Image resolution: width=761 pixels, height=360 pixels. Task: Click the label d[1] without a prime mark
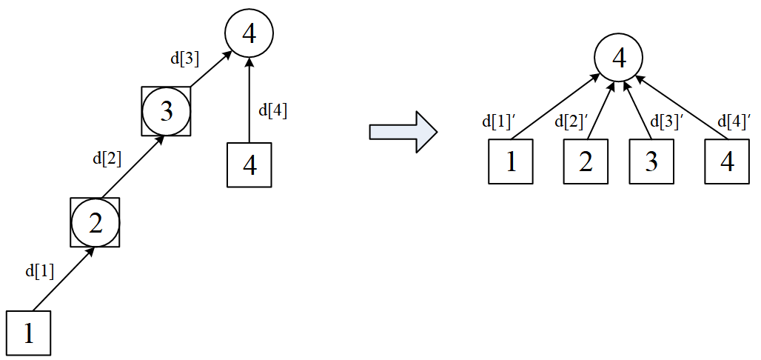pos(40,270)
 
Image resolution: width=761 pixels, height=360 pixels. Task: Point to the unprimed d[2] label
pos(107,159)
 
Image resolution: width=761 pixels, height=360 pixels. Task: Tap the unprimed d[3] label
pos(184,59)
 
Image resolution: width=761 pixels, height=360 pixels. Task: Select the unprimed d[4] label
pos(272,111)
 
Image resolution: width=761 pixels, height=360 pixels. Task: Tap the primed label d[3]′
pos(665,121)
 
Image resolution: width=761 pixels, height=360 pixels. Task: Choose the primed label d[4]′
pos(734,121)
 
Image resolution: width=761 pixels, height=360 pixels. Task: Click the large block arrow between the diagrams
pos(403,132)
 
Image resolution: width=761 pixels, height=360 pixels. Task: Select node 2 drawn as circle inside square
pos(95,222)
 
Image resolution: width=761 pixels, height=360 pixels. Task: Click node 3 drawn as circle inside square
pos(166,111)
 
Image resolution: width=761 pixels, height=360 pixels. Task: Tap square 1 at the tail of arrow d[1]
pos(28,334)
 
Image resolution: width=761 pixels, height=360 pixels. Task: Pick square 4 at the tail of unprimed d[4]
pos(249,165)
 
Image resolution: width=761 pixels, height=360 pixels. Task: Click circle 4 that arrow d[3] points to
pos(249,34)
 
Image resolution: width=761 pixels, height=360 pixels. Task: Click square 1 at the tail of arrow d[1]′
pos(510,161)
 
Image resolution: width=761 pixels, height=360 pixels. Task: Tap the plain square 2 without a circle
pos(585,161)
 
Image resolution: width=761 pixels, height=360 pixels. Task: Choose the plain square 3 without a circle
pos(651,161)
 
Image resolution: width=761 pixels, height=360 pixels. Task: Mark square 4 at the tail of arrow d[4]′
pos(727,161)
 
